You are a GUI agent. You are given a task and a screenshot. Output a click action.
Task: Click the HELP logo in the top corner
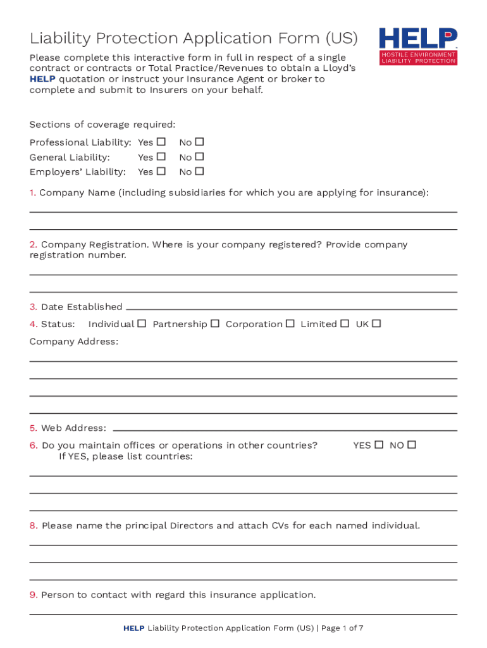tap(418, 46)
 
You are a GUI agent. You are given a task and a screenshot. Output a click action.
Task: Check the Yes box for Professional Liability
tap(161, 142)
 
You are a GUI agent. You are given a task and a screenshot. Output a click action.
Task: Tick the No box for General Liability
tap(199, 156)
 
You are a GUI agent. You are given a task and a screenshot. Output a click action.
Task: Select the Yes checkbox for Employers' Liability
tap(161, 171)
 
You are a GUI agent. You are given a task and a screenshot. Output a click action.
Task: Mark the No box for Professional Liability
tap(199, 142)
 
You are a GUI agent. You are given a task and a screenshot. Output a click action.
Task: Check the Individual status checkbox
tap(142, 323)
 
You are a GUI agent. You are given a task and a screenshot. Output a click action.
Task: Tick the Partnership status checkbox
tap(215, 323)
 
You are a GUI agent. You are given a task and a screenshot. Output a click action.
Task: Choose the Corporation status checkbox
tap(290, 323)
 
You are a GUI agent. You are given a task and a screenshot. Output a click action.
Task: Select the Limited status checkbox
tap(344, 323)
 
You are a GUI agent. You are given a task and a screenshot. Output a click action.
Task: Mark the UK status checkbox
tap(376, 323)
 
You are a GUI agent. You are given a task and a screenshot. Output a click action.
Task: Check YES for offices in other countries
tap(379, 445)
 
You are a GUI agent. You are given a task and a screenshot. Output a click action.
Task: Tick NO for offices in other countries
tap(412, 445)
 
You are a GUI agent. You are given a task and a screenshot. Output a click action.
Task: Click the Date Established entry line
tap(291, 308)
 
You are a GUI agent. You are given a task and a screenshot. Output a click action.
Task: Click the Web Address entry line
tap(285, 429)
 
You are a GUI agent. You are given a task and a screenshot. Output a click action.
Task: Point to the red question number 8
tap(34, 526)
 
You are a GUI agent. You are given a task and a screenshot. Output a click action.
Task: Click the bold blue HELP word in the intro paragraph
tap(42, 79)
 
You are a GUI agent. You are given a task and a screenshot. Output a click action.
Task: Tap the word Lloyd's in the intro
tap(339, 68)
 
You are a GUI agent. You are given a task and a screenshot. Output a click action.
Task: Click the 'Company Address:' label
tap(73, 342)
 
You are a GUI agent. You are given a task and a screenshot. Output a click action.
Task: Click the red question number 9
tap(34, 595)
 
